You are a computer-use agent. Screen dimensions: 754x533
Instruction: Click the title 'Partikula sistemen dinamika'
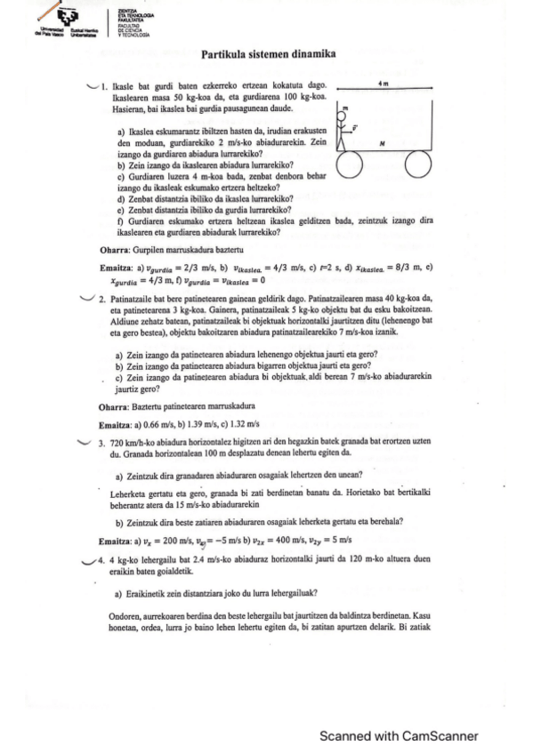pyautogui.click(x=267, y=55)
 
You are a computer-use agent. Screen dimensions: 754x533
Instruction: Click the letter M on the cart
pyautogui.click(x=381, y=142)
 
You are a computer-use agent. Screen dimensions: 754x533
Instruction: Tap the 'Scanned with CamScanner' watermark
pyautogui.click(x=400, y=735)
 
